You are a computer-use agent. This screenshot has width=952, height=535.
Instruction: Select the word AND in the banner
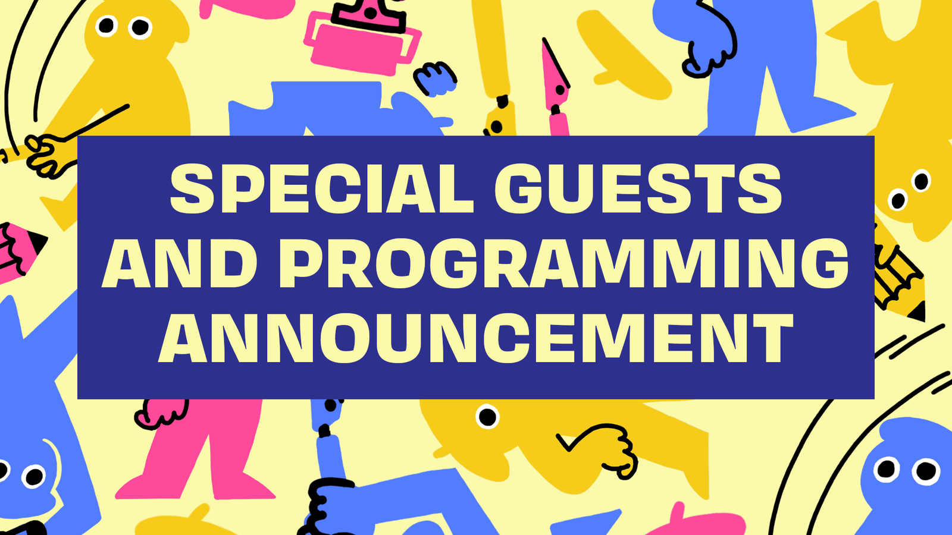click(179, 263)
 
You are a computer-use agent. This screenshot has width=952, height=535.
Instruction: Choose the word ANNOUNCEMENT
click(475, 338)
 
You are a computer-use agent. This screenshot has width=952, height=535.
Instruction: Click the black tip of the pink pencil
click(37, 242)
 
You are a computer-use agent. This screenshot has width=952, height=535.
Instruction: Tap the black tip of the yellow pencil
click(918, 311)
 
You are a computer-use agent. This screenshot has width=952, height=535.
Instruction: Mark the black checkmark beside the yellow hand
click(572, 439)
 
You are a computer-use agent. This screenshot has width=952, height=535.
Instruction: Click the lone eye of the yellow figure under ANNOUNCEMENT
click(487, 417)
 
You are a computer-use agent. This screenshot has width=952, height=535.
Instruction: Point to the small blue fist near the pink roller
click(435, 79)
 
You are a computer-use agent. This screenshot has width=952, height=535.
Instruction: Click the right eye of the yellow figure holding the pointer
click(140, 27)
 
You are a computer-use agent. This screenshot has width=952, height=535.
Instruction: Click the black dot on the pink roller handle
click(371, 12)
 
